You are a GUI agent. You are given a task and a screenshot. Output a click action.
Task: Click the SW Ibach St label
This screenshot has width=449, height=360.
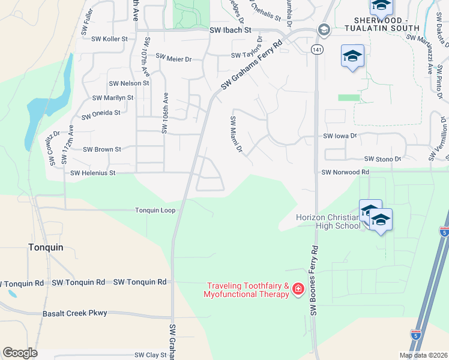tap(230, 29)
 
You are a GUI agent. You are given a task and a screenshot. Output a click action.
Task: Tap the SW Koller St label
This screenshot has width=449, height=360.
tap(109, 39)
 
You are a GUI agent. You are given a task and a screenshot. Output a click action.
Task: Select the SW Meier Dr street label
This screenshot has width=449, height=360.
tap(173, 58)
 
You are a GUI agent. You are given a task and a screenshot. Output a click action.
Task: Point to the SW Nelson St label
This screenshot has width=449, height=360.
tap(128, 83)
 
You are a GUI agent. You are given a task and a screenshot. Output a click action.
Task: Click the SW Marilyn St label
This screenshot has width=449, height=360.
tap(112, 97)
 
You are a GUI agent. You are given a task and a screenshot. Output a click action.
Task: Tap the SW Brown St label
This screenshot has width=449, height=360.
tap(101, 149)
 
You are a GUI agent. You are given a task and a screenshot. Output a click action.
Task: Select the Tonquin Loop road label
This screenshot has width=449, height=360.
tap(155, 211)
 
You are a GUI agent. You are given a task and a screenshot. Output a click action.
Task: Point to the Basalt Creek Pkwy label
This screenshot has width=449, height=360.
tap(74, 313)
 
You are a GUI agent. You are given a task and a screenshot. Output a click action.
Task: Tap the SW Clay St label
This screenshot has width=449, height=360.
tap(149, 355)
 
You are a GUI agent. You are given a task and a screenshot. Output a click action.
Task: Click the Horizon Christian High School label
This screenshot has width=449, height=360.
tap(328, 221)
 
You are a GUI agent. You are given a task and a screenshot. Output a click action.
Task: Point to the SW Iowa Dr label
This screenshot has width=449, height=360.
tap(340, 136)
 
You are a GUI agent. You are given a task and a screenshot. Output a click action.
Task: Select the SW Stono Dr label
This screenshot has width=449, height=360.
tap(382, 159)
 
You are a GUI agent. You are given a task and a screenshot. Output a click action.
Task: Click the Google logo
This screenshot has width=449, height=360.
tap(20, 353)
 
